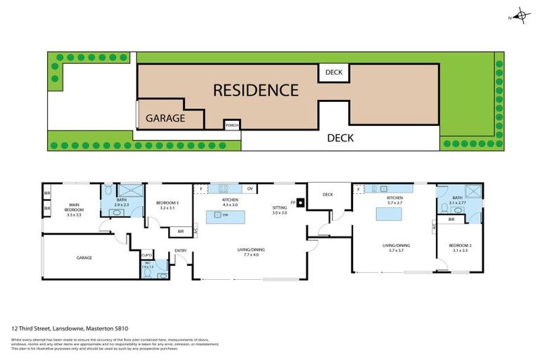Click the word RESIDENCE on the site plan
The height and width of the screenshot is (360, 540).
pos(255,90)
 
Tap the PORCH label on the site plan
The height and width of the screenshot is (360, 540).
pos(231,126)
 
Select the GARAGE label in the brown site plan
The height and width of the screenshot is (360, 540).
pos(165,118)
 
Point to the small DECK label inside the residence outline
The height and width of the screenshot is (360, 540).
pos(333,71)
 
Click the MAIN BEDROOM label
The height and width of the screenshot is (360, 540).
pos(74,210)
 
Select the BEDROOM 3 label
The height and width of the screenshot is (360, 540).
pos(168,205)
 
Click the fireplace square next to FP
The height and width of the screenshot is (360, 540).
pos(301,205)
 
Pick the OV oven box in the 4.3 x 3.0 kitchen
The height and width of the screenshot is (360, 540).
pos(250,188)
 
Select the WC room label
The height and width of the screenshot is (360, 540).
pos(146,265)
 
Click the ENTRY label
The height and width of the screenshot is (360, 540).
pos(181,250)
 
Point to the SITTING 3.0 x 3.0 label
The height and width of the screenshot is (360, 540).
pos(280,210)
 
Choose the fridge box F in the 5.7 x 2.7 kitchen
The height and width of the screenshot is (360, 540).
pos(359,188)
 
